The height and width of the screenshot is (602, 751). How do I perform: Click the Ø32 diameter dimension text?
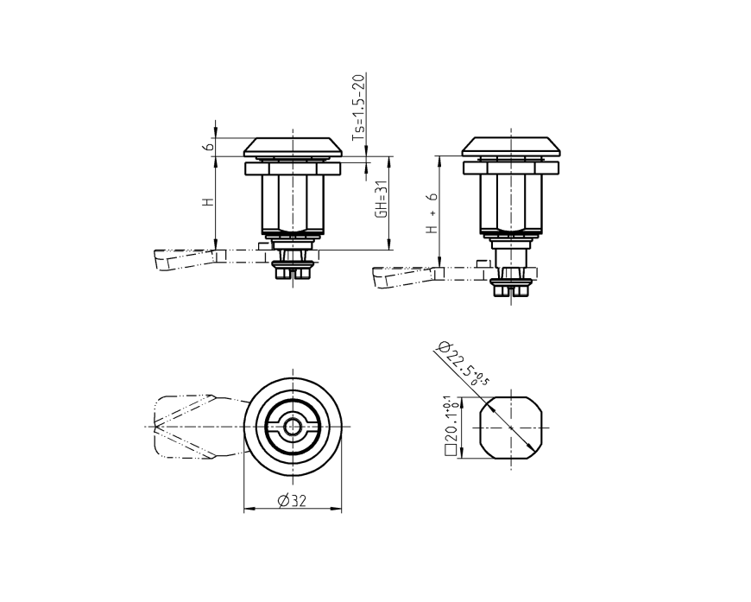(293, 501)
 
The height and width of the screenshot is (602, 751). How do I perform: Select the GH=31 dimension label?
(381, 203)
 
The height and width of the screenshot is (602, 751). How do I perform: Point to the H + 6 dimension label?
(432, 213)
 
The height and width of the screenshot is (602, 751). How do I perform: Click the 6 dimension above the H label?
(207, 147)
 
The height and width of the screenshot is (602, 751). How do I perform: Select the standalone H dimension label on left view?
(207, 202)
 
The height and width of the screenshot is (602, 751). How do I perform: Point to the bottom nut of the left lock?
(293, 271)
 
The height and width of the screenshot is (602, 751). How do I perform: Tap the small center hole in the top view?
(293, 426)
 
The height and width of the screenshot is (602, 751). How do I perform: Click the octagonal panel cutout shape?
(510, 427)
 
